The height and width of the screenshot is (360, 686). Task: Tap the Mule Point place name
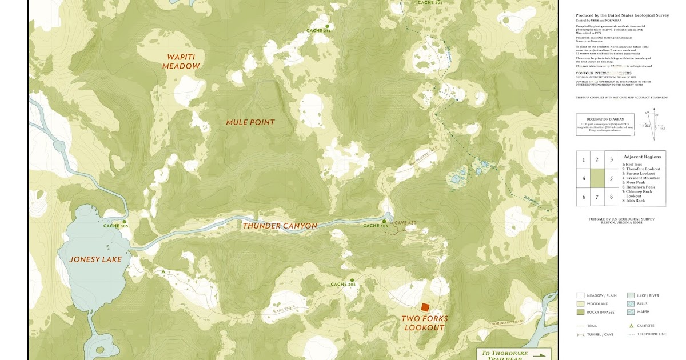[250, 122]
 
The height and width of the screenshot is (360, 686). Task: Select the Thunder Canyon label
[280, 226]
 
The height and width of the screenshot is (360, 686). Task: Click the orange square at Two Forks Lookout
[425, 307]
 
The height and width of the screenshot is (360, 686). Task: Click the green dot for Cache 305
[124, 222]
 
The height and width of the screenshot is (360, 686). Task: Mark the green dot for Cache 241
[327, 26]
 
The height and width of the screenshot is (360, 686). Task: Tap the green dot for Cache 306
[352, 280]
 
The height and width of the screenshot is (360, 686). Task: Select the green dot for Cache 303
[384, 221]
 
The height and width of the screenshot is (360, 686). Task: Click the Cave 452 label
[405, 223]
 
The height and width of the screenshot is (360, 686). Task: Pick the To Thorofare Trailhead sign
[513, 354]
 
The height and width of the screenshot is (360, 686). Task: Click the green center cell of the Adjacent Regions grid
[597, 178]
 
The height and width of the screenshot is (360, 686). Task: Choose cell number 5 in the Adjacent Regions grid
[611, 178]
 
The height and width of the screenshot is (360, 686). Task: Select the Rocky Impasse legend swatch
[581, 312]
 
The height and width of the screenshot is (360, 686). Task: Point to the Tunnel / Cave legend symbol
[581, 334]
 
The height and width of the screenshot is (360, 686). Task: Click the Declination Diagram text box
[605, 125]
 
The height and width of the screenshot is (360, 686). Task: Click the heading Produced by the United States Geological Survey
[622, 15]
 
